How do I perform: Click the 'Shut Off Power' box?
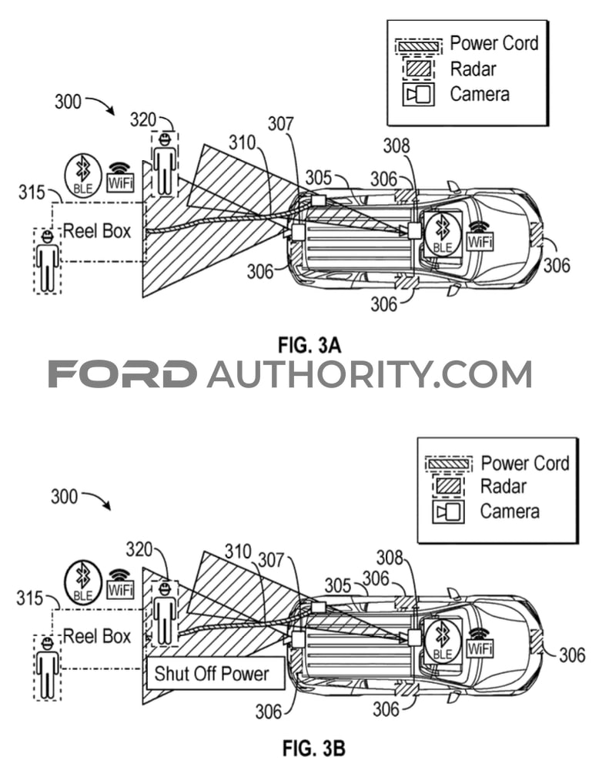click(216, 673)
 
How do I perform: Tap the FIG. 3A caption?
click(310, 345)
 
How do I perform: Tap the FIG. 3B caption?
click(313, 748)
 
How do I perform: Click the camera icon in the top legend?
click(419, 94)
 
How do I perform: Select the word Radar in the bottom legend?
click(503, 486)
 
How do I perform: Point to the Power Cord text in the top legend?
click(494, 43)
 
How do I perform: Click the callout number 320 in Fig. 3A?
click(142, 119)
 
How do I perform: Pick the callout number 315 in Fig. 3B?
click(29, 598)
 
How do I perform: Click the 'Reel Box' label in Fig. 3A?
click(97, 231)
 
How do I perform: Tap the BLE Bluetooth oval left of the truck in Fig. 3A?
click(83, 174)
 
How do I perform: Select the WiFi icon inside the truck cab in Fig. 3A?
click(480, 237)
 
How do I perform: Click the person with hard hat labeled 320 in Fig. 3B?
click(165, 614)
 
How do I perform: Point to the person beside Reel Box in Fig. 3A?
click(48, 260)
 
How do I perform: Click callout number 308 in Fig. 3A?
click(397, 146)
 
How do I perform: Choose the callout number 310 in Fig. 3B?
click(238, 551)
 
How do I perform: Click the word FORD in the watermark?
click(122, 374)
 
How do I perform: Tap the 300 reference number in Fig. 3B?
click(64, 497)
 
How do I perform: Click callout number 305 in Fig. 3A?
click(318, 178)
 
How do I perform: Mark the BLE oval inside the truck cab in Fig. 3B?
click(442, 639)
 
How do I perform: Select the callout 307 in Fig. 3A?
click(280, 124)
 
